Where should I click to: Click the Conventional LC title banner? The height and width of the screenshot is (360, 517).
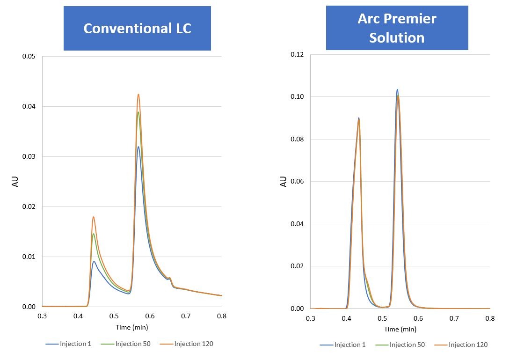coord(137,28)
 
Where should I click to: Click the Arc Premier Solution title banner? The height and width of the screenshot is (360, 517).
coord(397,28)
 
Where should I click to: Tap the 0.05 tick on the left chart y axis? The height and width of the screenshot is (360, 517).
coord(29,57)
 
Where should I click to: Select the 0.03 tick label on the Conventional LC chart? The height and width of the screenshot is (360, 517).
coord(29,157)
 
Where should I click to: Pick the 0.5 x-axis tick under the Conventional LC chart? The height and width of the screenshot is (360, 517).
coord(114,316)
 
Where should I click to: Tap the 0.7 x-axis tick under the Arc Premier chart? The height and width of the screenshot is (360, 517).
coord(454,318)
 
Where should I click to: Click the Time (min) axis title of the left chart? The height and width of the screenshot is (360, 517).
coord(132,327)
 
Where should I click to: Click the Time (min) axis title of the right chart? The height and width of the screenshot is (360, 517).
coord(400,329)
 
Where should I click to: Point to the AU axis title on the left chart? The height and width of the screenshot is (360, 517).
coord(15,182)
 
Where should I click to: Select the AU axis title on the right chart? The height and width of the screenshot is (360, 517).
coord(283,182)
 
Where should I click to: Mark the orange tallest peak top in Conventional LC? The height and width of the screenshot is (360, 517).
coord(138,95)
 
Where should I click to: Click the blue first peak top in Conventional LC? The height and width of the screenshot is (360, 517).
coord(94,262)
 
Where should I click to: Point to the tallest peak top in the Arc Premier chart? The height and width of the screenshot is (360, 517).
coord(397,89)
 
